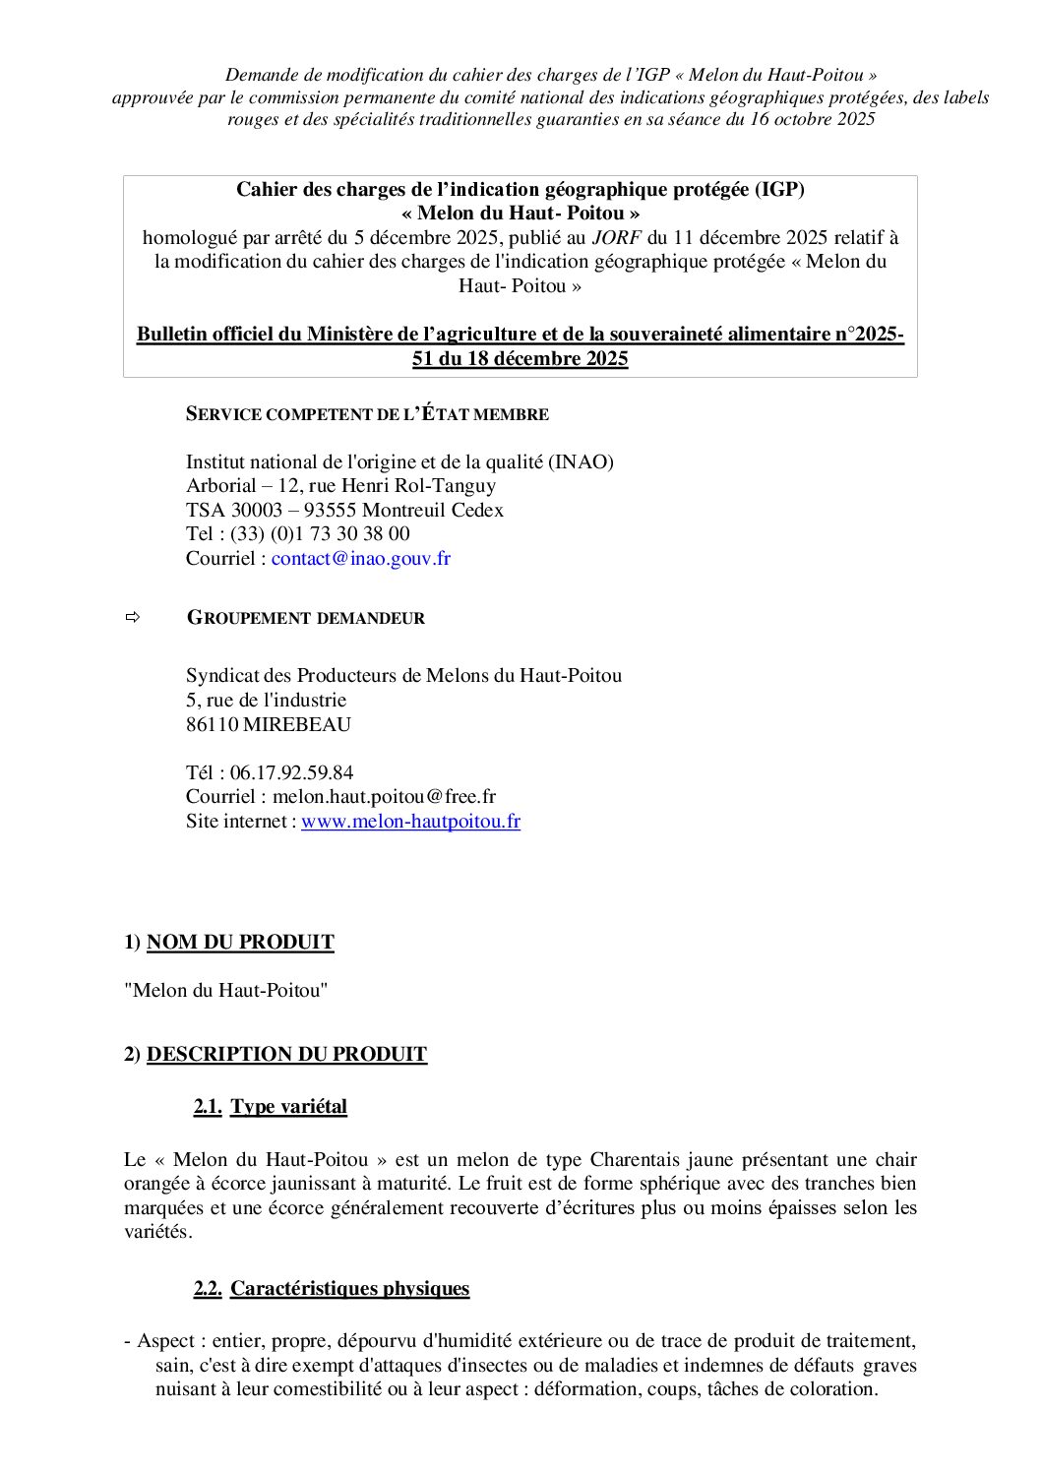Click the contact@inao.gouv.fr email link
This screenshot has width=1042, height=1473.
point(360,559)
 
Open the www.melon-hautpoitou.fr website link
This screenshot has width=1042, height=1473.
point(410,822)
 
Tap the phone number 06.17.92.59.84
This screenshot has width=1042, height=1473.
point(291,772)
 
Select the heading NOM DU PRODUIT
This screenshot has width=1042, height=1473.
point(240,943)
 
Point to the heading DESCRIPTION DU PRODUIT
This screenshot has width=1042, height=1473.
point(286,1055)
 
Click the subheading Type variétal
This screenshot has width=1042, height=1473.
point(288,1107)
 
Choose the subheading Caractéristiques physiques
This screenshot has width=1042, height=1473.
point(349,1289)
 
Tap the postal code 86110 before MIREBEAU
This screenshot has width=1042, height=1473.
point(212,725)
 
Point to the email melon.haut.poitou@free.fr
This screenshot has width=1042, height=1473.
point(384,797)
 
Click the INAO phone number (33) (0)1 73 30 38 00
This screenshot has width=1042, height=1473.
point(320,534)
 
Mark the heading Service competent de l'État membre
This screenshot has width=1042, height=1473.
point(367,414)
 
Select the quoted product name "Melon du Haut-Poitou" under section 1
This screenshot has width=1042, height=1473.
point(225,991)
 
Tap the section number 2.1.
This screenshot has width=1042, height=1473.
point(207,1107)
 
